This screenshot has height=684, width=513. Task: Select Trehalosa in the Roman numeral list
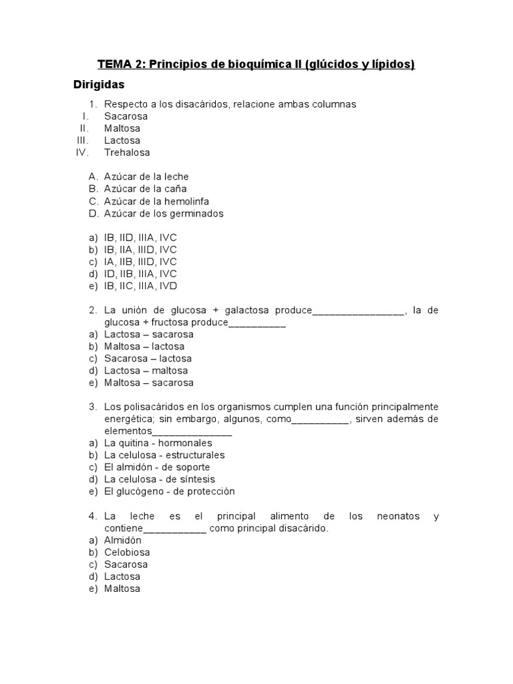127,152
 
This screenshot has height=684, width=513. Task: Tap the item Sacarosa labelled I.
126,116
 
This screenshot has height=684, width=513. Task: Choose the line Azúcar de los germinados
164,214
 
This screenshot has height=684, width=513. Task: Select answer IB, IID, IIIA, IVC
140,238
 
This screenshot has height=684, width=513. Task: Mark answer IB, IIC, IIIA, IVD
141,286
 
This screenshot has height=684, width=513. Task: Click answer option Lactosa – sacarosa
148,334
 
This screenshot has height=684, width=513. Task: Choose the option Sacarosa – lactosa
148,358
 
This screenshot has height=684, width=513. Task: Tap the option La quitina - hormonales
158,443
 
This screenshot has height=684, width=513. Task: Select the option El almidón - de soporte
156,467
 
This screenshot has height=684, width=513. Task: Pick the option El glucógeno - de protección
170,491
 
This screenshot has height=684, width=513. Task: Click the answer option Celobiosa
127,552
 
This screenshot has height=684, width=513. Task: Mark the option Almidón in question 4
123,540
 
